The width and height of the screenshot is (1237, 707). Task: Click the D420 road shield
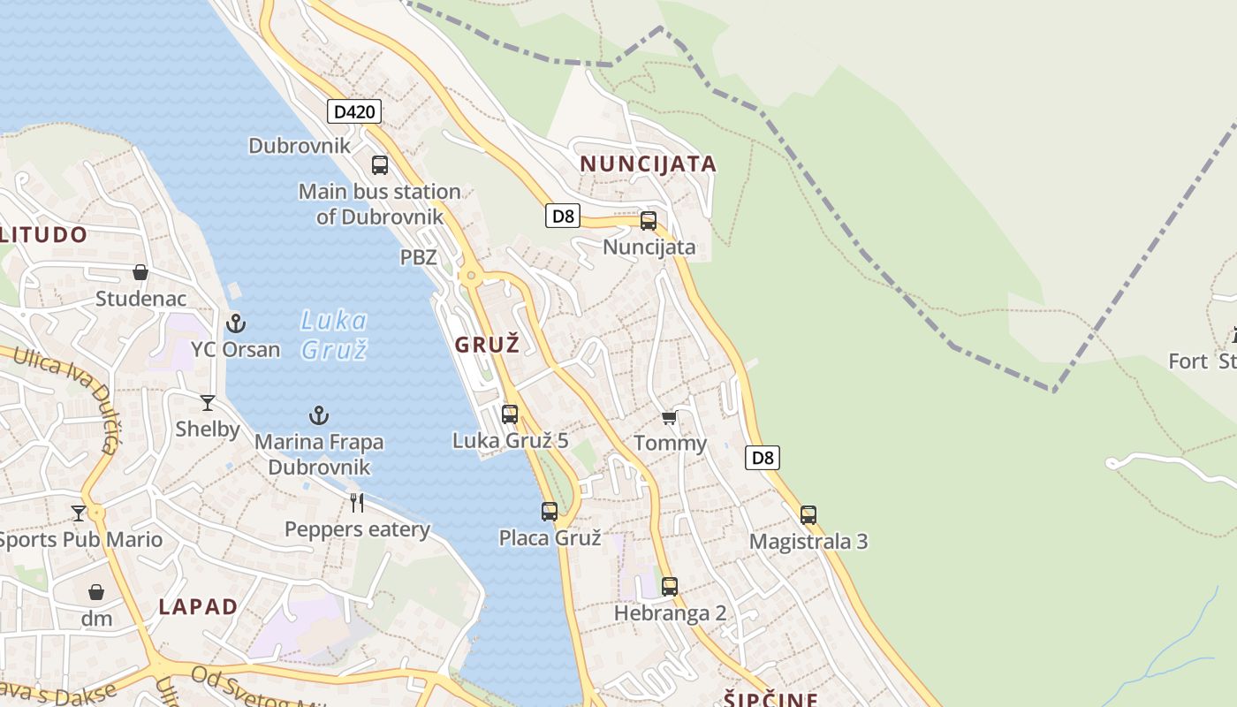(x=354, y=111)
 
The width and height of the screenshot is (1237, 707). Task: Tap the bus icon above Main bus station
(x=380, y=164)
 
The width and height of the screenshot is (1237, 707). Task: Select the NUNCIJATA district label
(x=648, y=163)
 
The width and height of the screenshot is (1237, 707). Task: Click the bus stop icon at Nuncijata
(x=649, y=221)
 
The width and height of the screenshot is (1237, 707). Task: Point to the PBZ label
(x=419, y=257)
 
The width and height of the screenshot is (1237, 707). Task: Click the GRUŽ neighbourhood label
(x=487, y=345)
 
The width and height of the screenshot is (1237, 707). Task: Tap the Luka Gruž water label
(x=333, y=334)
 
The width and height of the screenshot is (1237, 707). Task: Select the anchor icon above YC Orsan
(x=236, y=323)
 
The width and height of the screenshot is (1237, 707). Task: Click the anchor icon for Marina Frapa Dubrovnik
(x=319, y=414)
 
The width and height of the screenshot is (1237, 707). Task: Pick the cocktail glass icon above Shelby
(x=208, y=403)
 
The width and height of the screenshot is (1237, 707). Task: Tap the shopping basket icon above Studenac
(x=140, y=272)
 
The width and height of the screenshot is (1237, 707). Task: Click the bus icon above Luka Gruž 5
(x=510, y=414)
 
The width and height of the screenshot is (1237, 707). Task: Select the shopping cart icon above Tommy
(x=670, y=417)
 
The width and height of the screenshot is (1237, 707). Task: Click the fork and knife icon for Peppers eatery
(x=357, y=503)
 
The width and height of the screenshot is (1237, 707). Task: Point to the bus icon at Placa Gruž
(x=550, y=511)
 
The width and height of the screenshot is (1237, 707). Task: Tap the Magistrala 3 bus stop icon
(x=808, y=514)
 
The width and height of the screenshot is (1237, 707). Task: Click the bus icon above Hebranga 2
(x=670, y=586)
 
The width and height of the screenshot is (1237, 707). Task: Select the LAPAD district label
(x=198, y=606)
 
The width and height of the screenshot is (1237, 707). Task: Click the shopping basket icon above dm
(x=96, y=592)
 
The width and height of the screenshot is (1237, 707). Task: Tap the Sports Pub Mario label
(x=81, y=539)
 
